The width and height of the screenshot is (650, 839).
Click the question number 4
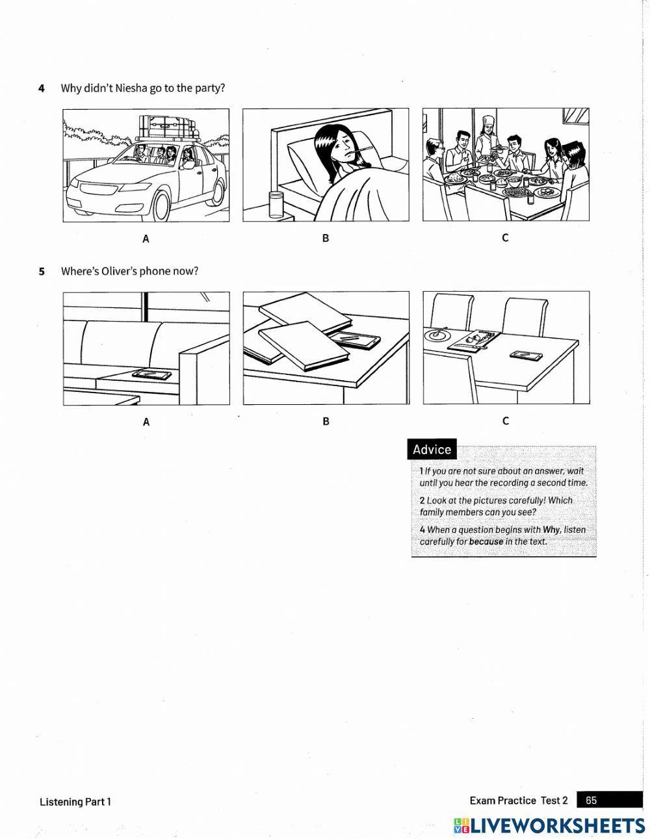click(42, 88)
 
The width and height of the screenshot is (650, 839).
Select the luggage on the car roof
click(166, 127)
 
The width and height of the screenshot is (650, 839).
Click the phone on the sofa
click(152, 374)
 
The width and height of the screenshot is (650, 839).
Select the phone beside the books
click(355, 339)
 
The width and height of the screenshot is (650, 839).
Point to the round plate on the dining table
click(435, 335)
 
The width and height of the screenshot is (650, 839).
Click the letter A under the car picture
click(146, 239)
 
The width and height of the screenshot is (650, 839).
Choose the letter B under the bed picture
click(326, 239)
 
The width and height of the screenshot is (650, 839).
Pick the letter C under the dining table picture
click(505, 238)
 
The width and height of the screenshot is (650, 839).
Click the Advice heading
click(432, 450)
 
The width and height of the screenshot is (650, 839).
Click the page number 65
click(591, 801)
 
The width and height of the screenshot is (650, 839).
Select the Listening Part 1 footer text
click(75, 802)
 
